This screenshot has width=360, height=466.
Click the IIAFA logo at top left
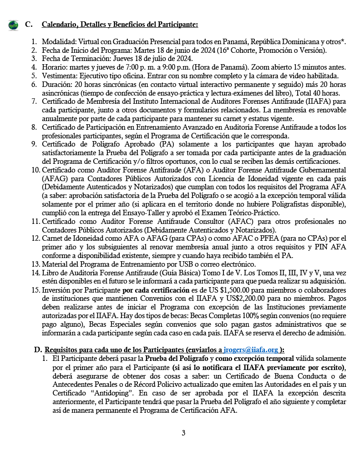coord(13,25)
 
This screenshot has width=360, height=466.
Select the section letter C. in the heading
coord(29,24)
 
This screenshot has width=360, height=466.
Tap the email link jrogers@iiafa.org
coord(251,350)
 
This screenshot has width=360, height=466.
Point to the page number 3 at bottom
coord(183,433)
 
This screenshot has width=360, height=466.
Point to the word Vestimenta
coord(59,76)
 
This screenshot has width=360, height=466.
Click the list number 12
coord(36,238)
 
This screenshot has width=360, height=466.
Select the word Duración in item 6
coord(56,84)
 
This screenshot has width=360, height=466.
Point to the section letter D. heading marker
coord(38,350)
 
